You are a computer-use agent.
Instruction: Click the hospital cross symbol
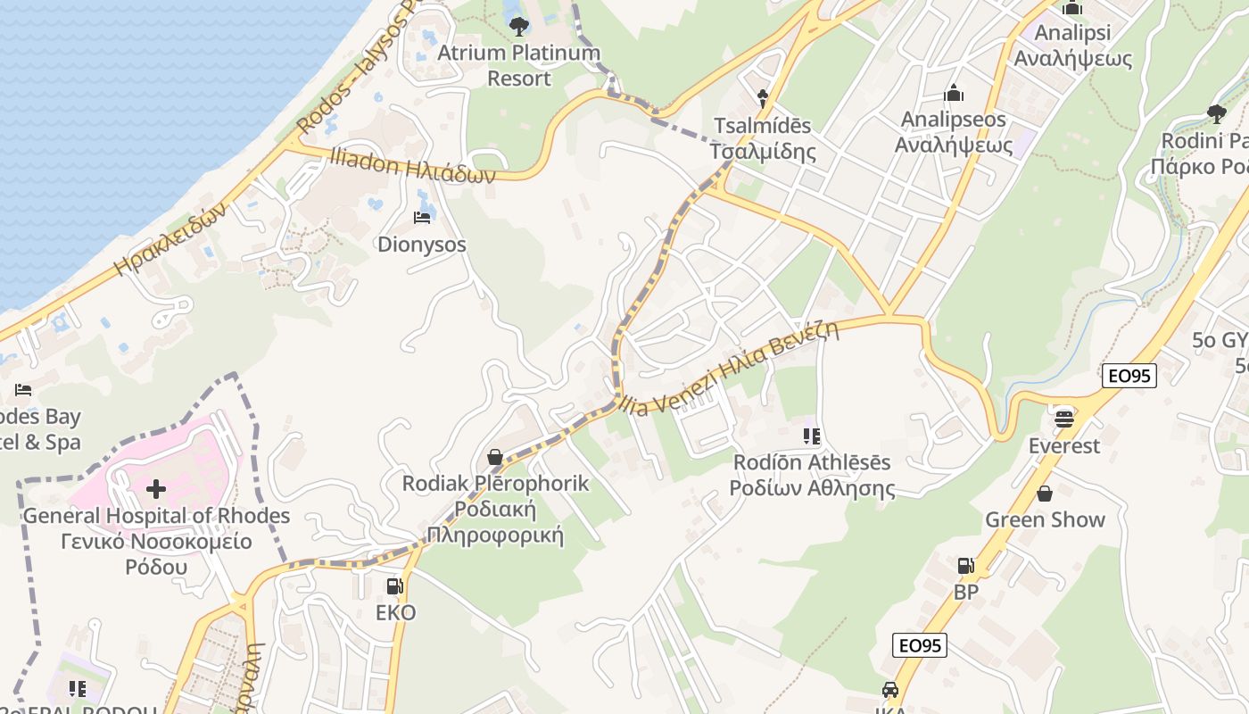coord(156,489)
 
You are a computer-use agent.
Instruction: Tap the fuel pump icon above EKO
coord(394,586)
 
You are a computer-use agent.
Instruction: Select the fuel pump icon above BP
coord(965,566)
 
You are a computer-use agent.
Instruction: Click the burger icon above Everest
coord(1063,418)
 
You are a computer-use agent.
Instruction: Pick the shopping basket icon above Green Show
coord(1045,494)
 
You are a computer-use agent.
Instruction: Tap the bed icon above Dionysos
coord(422,217)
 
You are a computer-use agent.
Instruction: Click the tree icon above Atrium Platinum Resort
coord(518,26)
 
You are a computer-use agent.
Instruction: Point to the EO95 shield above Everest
coord(1129,376)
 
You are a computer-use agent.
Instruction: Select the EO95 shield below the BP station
coord(920,645)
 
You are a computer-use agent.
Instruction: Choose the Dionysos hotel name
coord(422,245)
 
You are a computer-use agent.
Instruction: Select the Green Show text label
coord(1045,519)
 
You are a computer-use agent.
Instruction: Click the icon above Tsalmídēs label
coord(763,97)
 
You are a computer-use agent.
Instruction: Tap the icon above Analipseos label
coord(954,93)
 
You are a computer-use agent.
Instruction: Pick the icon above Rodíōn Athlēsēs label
coord(812,436)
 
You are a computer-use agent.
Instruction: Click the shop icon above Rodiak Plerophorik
coord(495,457)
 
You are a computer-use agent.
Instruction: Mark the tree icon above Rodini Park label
coord(1215,113)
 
